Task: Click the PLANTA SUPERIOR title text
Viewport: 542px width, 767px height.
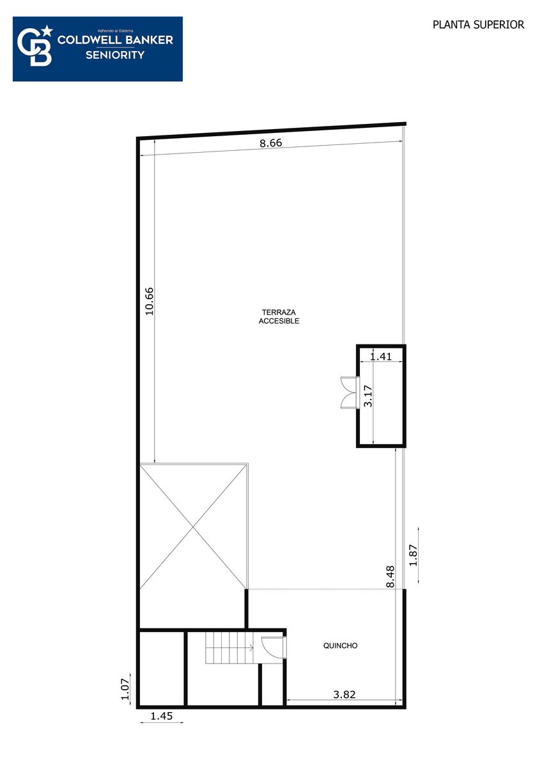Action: click(x=478, y=25)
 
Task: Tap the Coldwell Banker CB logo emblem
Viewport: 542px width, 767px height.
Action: click(x=35, y=45)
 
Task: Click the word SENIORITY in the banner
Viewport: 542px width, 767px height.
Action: click(x=115, y=55)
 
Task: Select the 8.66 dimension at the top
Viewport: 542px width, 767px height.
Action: click(x=270, y=143)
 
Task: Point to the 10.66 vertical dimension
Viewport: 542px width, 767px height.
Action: click(x=150, y=301)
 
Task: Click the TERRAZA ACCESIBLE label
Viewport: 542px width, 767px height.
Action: click(x=279, y=316)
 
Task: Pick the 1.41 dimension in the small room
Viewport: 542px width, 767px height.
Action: click(x=381, y=357)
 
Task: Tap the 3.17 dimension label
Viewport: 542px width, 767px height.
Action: click(x=368, y=396)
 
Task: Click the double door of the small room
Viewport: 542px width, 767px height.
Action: click(x=350, y=392)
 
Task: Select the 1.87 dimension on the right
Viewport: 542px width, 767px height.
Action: click(x=414, y=555)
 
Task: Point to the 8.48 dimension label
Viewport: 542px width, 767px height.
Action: click(x=390, y=577)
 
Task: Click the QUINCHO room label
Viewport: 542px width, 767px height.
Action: click(x=340, y=646)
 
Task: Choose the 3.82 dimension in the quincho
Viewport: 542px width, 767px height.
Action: click(x=344, y=694)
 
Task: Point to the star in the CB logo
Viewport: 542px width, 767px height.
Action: click(x=48, y=31)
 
